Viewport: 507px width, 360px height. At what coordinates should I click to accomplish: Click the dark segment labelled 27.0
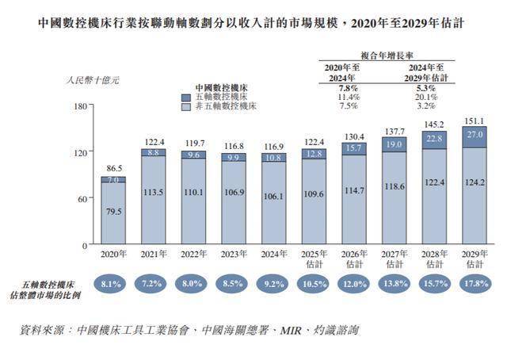[474, 136]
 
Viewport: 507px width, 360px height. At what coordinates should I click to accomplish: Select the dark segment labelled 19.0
[394, 144]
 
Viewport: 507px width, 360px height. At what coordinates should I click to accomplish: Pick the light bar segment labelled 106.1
[273, 219]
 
